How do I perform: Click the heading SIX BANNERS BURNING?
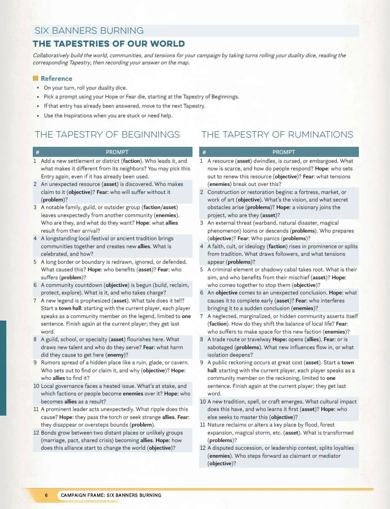click(x=89, y=31)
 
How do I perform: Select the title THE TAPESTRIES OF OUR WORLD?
click(x=109, y=44)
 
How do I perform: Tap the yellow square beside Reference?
click(x=36, y=78)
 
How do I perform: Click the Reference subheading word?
click(x=56, y=79)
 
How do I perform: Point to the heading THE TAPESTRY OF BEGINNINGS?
click(x=107, y=135)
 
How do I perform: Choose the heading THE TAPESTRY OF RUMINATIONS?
click(x=277, y=135)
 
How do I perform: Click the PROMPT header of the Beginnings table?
click(x=117, y=152)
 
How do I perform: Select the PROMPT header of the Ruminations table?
click(x=283, y=152)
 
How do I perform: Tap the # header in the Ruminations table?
click(x=204, y=152)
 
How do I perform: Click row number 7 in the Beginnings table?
click(x=35, y=301)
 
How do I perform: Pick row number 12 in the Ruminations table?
click(x=203, y=448)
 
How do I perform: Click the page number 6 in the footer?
click(x=46, y=495)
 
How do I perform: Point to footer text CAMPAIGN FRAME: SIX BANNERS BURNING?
click(x=111, y=495)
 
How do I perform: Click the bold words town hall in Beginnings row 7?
click(x=71, y=308)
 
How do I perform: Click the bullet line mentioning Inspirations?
click(x=108, y=116)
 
